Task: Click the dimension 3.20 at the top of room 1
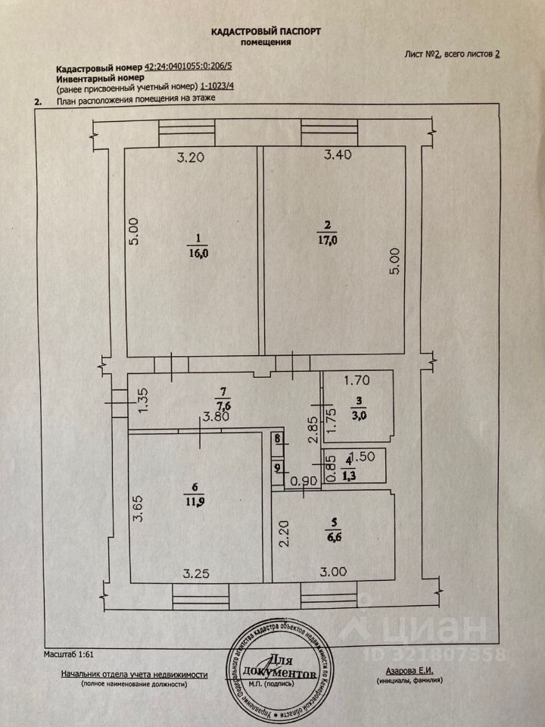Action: point(191,158)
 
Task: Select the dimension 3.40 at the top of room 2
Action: point(338,156)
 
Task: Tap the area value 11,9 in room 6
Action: point(199,501)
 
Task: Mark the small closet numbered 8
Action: point(278,438)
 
